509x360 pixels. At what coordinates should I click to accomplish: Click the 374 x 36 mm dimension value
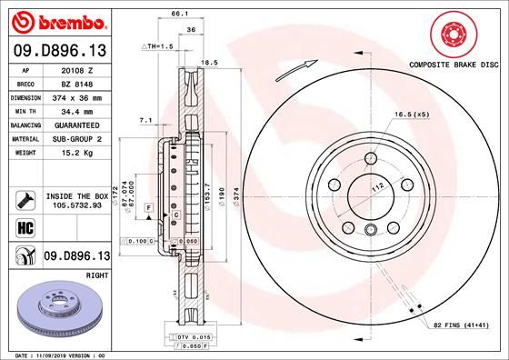pos(75,96)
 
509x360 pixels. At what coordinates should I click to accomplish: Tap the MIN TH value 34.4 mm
pos(75,110)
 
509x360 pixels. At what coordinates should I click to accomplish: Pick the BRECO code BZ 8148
pos(75,83)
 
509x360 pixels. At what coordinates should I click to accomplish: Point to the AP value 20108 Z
pos(75,69)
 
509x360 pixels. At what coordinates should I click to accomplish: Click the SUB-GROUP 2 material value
pos(75,138)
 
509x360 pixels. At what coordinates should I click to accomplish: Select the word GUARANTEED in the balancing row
pos(75,125)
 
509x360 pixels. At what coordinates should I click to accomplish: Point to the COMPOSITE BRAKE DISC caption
pos(452,65)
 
